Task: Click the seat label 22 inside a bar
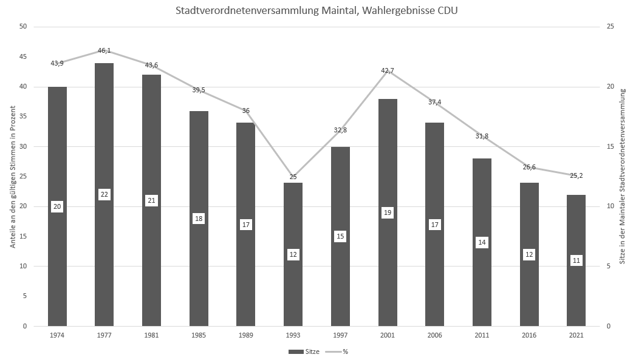tap(104, 194)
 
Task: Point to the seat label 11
tap(576, 260)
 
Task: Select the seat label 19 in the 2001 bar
tap(388, 212)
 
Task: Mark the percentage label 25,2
tap(576, 166)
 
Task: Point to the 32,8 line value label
tap(340, 130)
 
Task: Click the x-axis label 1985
tap(199, 335)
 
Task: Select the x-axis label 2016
tap(529, 335)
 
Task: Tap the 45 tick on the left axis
tap(23, 57)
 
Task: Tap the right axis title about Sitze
tap(623, 177)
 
